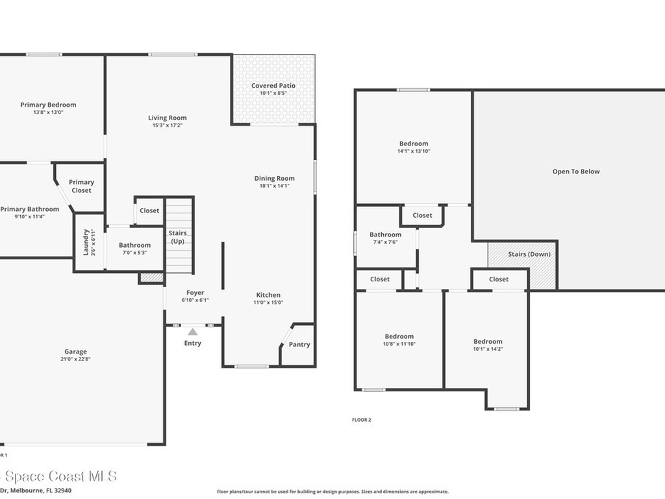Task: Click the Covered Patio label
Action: [273, 86]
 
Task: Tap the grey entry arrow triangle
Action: [193, 332]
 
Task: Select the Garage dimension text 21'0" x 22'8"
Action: [75, 359]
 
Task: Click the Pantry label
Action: [299, 344]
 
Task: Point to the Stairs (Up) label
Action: [177, 237]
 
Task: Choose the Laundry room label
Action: [85, 242]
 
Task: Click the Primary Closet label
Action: [81, 186]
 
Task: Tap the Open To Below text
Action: [576, 172]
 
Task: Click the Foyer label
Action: [195, 293]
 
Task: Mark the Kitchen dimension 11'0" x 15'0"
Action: [268, 302]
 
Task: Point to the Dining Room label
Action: [274, 178]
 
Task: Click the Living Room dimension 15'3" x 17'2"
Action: [167, 125]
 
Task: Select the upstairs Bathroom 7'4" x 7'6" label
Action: [385, 235]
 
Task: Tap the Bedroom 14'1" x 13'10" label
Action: [414, 144]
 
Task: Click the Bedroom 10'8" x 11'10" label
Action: [399, 337]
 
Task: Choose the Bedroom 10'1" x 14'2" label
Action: [488, 342]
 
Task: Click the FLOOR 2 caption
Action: [361, 420]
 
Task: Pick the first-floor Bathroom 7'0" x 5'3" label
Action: [134, 245]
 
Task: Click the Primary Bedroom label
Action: [48, 105]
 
